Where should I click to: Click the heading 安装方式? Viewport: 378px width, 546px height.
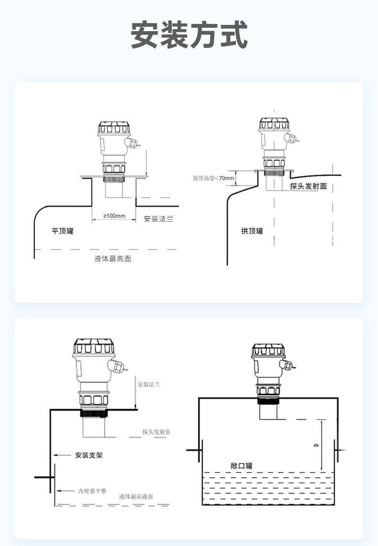(x=189, y=34)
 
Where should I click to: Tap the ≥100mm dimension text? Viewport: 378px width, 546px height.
(x=114, y=216)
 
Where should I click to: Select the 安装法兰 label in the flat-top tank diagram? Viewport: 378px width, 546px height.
(x=158, y=219)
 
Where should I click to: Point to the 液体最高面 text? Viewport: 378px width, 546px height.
(x=112, y=259)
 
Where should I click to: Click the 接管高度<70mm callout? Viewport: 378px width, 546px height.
(x=213, y=178)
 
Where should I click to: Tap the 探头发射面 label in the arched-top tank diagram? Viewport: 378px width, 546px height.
(x=308, y=186)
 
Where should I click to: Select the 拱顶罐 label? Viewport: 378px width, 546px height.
(x=252, y=231)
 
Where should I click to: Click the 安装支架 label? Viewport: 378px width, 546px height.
(x=89, y=455)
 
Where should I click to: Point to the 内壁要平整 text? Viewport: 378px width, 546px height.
(x=93, y=491)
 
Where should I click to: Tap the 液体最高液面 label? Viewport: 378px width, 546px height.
(x=136, y=497)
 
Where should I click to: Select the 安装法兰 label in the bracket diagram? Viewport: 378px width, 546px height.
(x=148, y=384)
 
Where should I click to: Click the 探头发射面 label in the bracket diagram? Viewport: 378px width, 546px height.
(x=156, y=432)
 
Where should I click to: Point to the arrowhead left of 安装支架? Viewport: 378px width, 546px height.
(x=56, y=455)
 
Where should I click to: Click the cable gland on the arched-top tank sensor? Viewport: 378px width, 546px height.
(x=290, y=138)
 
